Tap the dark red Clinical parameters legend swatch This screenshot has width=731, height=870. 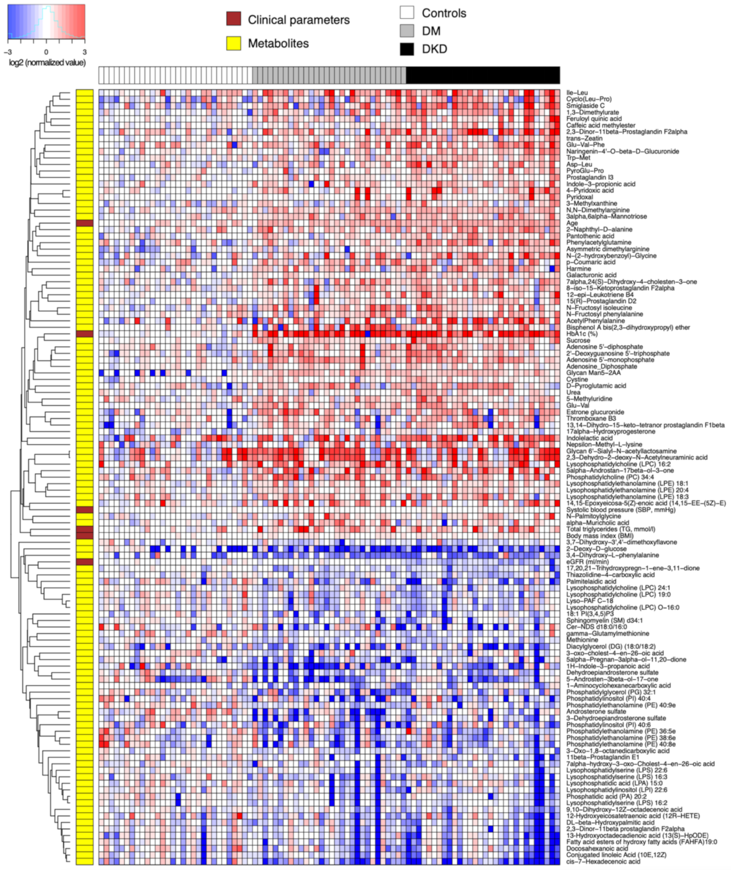(x=233, y=19)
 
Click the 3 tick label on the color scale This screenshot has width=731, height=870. (x=85, y=52)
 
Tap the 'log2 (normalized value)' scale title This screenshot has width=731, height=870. (x=47, y=63)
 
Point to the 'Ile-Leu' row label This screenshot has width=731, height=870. (x=577, y=92)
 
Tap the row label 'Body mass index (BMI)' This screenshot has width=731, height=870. (x=600, y=536)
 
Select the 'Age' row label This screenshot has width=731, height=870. (x=572, y=223)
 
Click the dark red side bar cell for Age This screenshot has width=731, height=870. (x=85, y=223)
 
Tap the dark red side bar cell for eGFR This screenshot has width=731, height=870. (x=85, y=562)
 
